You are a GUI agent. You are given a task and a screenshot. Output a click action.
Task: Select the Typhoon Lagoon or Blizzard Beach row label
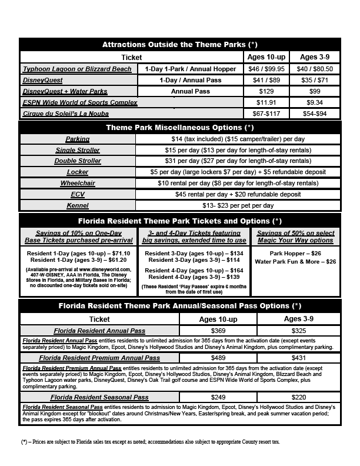(78, 69)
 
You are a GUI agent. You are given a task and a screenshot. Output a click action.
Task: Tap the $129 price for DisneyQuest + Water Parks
(268, 91)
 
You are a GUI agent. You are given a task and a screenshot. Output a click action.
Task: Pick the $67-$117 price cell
(268, 114)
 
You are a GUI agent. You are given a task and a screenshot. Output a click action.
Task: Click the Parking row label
(78, 139)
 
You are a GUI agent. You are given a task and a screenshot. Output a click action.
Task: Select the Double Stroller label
(78, 161)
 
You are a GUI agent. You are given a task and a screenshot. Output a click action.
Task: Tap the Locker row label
(78, 172)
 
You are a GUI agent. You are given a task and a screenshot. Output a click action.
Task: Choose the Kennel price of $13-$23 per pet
(238, 205)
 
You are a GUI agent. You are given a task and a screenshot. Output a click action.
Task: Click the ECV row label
(78, 194)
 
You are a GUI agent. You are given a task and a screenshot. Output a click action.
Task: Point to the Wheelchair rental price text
(238, 183)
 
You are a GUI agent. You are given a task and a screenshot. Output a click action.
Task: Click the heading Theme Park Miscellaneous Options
(179, 127)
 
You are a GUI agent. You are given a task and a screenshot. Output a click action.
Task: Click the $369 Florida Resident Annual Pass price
(218, 331)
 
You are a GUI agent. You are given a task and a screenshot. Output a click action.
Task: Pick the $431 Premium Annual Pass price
(299, 358)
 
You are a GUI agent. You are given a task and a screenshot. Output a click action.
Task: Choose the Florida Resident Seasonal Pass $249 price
(218, 398)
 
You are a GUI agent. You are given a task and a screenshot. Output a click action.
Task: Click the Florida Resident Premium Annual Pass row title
(99, 358)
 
